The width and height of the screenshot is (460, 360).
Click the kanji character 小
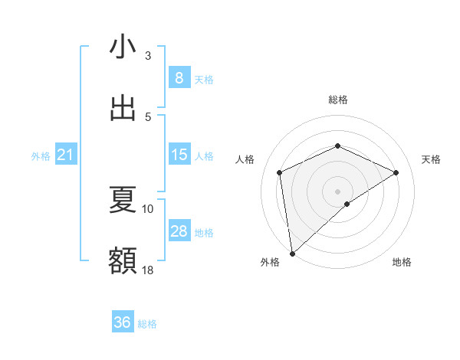pyautogui.click(x=123, y=47)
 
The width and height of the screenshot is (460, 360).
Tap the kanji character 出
pyautogui.click(x=123, y=108)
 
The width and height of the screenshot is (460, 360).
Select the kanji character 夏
pyautogui.click(x=123, y=201)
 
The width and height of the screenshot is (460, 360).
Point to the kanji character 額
pyautogui.click(x=123, y=261)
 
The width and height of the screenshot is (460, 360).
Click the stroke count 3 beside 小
pyautogui.click(x=148, y=55)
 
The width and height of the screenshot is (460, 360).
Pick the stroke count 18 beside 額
pyautogui.click(x=148, y=269)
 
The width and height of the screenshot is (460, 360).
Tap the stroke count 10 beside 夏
pyautogui.click(x=148, y=208)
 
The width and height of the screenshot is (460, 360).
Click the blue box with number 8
pyautogui.click(x=179, y=78)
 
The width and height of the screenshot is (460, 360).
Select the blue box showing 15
pyautogui.click(x=179, y=155)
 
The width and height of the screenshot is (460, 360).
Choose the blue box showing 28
pyautogui.click(x=179, y=231)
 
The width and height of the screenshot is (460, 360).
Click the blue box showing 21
pyautogui.click(x=65, y=155)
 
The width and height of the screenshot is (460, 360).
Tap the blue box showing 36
pyautogui.click(x=122, y=322)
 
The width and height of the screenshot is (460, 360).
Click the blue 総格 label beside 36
pyautogui.click(x=147, y=324)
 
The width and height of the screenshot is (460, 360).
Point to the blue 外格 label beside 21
pyautogui.click(x=41, y=156)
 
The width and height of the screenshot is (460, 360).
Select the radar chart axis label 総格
pyautogui.click(x=338, y=100)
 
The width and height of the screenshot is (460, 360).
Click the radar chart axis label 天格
pyautogui.click(x=432, y=159)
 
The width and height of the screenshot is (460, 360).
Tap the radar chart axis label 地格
pyautogui.click(x=402, y=262)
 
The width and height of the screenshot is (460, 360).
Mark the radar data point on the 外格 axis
pyautogui.click(x=291, y=253)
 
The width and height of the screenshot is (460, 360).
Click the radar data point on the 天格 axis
pyautogui.click(x=396, y=172)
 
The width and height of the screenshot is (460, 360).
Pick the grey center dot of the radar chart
pyautogui.click(x=337, y=191)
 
